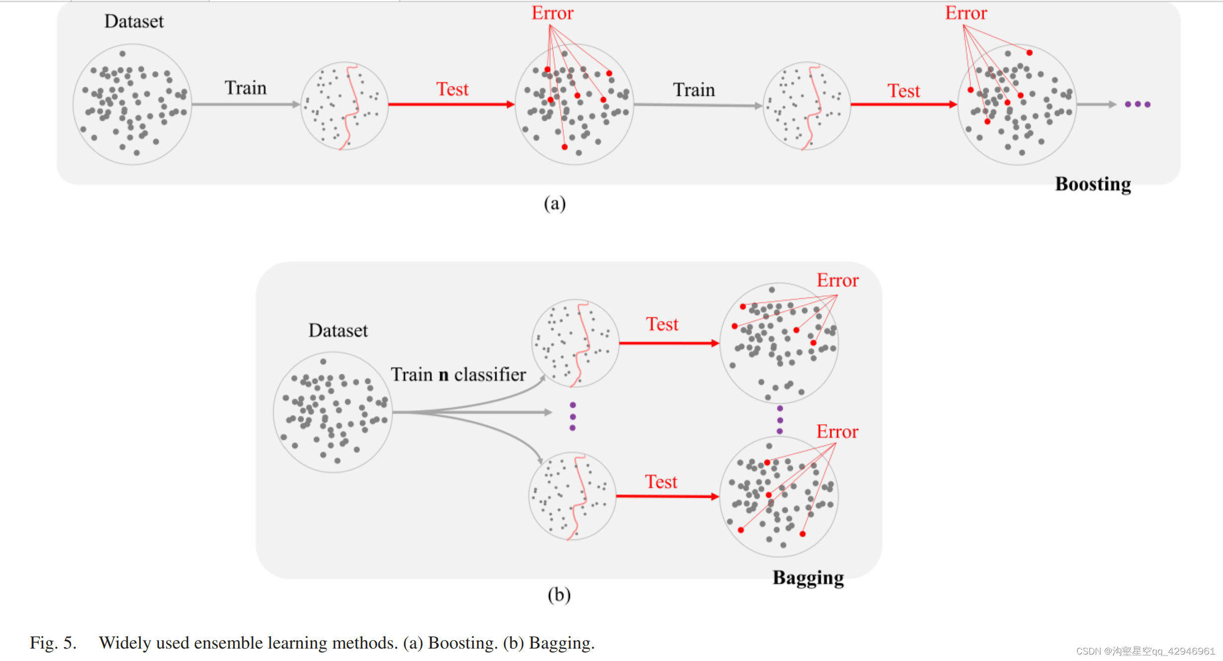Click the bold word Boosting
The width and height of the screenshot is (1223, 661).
click(x=1093, y=184)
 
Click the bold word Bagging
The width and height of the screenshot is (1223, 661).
click(x=808, y=578)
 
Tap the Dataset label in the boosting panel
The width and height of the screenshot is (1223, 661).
click(x=134, y=21)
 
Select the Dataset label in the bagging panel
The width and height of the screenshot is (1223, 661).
click(x=338, y=331)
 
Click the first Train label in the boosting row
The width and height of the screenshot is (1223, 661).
click(x=246, y=88)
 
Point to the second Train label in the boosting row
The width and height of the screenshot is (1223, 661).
click(x=694, y=90)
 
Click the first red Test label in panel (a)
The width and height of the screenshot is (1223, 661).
click(x=452, y=90)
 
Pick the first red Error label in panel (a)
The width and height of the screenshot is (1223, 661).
click(x=552, y=13)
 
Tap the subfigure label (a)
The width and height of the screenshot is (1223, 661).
click(x=554, y=203)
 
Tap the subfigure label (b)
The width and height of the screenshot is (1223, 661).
click(x=559, y=595)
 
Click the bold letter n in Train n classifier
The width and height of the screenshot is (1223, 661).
click(x=443, y=375)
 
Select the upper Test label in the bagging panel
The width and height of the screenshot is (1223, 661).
click(x=662, y=324)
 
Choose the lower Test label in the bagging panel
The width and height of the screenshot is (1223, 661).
click(x=661, y=482)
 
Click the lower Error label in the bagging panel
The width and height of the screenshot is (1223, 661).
click(x=837, y=432)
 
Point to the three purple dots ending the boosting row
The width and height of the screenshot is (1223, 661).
click(x=1137, y=104)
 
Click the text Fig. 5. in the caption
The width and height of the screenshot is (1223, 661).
click(x=53, y=643)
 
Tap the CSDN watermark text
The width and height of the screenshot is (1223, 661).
click(x=1145, y=652)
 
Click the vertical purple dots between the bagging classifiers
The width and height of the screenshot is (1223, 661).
click(x=573, y=417)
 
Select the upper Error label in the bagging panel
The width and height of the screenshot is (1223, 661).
click(x=838, y=281)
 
